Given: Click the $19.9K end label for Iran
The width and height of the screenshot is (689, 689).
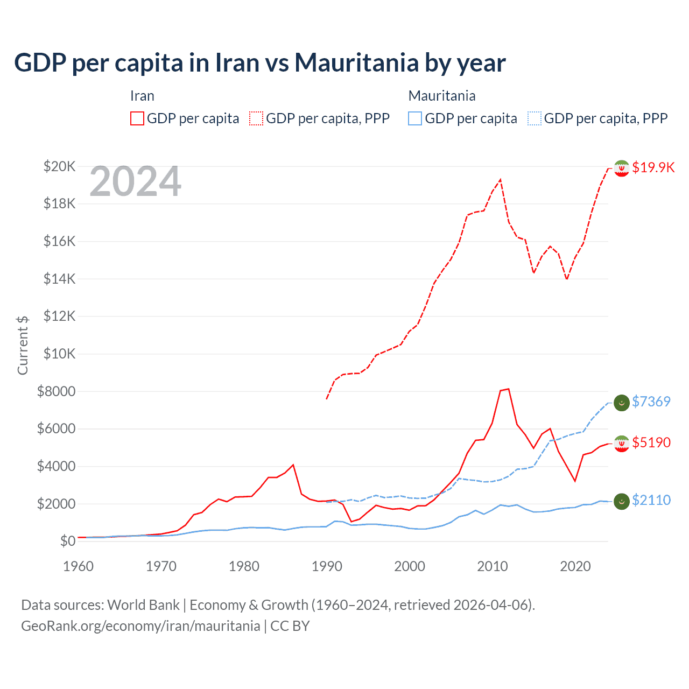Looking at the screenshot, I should point(653,167).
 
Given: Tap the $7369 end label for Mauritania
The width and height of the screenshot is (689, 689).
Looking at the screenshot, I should point(651,402).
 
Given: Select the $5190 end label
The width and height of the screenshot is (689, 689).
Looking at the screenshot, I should point(651,442).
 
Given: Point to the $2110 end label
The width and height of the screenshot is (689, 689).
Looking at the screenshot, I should point(651,500).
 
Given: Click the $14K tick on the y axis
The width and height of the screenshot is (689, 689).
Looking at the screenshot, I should point(59,279).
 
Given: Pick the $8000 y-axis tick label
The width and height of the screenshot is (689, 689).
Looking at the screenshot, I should point(56,391).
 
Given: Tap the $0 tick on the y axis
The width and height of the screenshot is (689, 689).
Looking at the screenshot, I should point(67,541).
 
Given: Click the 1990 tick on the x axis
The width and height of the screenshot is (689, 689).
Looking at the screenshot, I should point(327,566).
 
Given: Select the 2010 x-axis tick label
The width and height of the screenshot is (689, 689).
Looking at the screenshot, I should point(493,566).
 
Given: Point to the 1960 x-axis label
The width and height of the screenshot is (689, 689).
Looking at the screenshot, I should point(79,566).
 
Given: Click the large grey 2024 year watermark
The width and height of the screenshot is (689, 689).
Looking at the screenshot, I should point(135,181).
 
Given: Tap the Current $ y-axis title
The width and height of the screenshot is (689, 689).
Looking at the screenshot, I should point(23,345).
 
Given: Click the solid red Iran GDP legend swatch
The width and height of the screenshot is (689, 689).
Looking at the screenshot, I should point(137,118).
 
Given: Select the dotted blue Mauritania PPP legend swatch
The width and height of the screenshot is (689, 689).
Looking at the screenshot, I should point(535,118).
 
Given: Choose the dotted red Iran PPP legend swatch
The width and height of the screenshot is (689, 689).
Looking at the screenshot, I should point(256,118).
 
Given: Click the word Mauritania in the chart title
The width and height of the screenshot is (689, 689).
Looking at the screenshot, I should point(356,62).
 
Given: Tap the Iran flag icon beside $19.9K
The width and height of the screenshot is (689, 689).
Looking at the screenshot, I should point(622,168).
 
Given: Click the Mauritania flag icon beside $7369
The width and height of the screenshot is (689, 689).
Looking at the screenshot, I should point(622,402).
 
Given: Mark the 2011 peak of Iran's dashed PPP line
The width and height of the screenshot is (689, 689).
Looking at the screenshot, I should point(501,180).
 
